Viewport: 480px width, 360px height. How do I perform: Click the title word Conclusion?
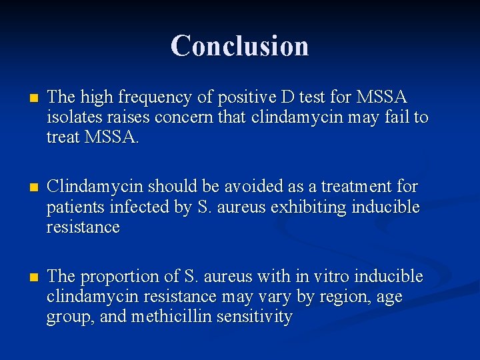point(239,46)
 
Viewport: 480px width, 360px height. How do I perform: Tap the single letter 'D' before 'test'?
point(287,97)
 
